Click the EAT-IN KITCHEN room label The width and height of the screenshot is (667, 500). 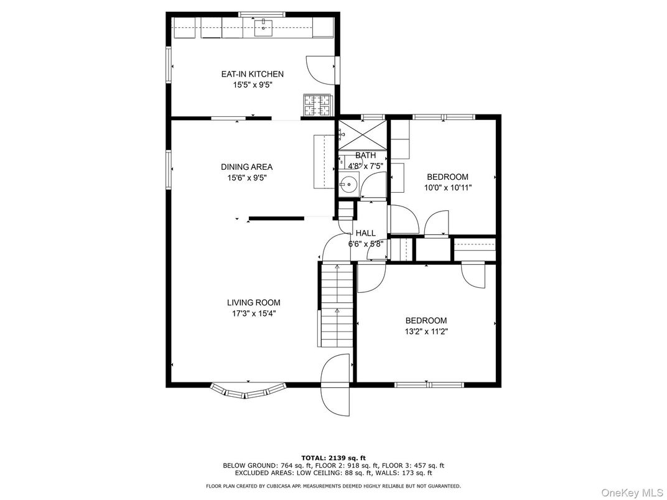coord(252,74)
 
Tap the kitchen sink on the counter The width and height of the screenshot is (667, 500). coord(264,27)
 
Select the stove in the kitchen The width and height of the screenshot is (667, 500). coord(317,104)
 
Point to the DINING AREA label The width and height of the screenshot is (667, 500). coord(247,167)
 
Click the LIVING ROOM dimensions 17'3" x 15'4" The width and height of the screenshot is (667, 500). coord(254,314)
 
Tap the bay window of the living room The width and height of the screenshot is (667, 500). coord(248,391)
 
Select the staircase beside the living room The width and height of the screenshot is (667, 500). coord(336,305)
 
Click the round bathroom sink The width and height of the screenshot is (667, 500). coord(349,184)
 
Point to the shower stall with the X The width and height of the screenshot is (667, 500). coord(362,135)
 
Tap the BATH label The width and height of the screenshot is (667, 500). coord(365,155)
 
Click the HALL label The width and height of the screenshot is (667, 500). coord(365,233)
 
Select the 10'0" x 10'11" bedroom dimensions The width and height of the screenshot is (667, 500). coord(448,188)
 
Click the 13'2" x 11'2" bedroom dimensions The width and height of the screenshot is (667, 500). coord(426,331)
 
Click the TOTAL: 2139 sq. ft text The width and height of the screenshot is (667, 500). coord(333,458)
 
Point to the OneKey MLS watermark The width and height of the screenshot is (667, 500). coord(632,493)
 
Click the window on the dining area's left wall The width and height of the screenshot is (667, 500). coord(169,169)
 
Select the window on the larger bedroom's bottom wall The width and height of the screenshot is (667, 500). coord(429,385)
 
